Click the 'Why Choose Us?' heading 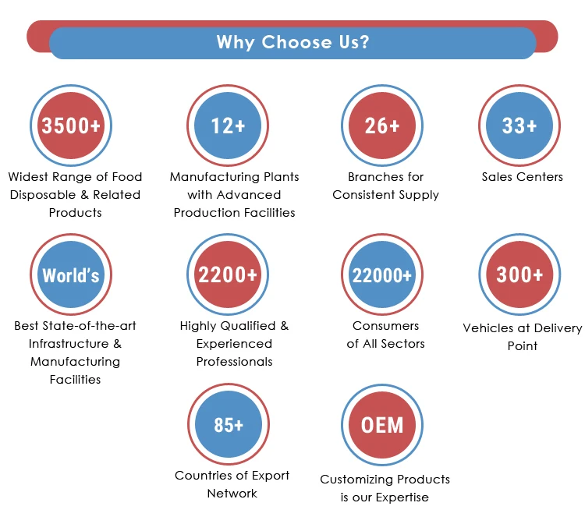pyautogui.click(x=292, y=42)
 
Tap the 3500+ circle pyautogui.click(x=71, y=126)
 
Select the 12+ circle pyautogui.click(x=228, y=126)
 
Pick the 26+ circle pyautogui.click(x=382, y=126)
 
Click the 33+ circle pyautogui.click(x=519, y=126)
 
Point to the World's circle pyautogui.click(x=71, y=275)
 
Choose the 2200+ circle pyautogui.click(x=228, y=275)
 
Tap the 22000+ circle pyautogui.click(x=382, y=275)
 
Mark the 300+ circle pyautogui.click(x=519, y=275)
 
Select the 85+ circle pyautogui.click(x=228, y=425)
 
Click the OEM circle pyautogui.click(x=382, y=425)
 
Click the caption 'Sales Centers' pyautogui.click(x=522, y=177)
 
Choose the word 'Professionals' pyautogui.click(x=234, y=362)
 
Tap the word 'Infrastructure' pyautogui.click(x=69, y=344)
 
